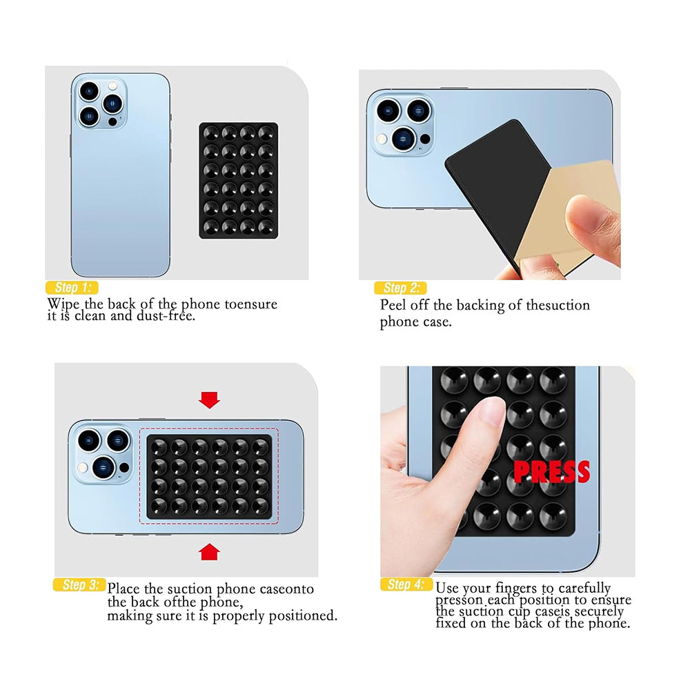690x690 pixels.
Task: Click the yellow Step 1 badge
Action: point(72,288)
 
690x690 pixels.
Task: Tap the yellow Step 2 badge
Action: point(400,288)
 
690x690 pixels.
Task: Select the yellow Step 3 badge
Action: point(79,585)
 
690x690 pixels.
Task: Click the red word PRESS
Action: point(551,472)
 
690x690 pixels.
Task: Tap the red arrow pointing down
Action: point(208,400)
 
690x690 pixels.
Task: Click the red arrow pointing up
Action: point(208,551)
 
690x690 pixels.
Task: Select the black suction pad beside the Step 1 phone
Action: point(238,181)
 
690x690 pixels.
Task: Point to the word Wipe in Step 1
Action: point(63,304)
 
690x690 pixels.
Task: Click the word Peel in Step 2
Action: point(393,305)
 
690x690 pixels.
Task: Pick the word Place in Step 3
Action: point(125,589)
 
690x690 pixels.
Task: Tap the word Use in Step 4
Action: point(447,589)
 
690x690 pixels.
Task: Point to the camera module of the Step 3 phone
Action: point(103,453)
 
